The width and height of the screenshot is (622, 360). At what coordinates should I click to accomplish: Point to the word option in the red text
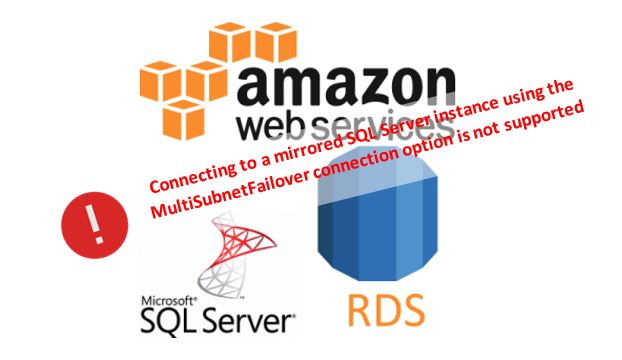[429, 149]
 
